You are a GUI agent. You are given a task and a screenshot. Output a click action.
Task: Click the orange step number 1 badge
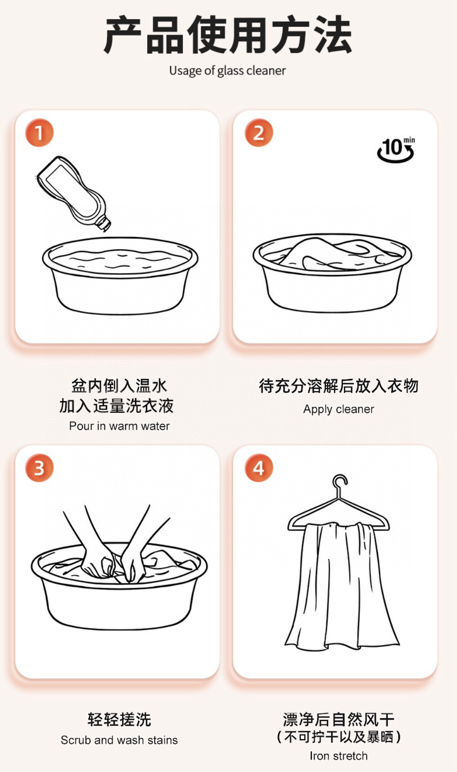click(x=39, y=133)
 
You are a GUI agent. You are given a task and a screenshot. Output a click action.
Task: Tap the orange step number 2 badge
click(x=259, y=133)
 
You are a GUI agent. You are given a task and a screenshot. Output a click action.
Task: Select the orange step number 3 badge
click(x=39, y=468)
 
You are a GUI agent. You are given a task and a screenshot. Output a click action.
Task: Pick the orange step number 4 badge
click(x=259, y=468)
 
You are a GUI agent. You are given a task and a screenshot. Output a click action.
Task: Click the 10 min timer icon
click(x=396, y=149)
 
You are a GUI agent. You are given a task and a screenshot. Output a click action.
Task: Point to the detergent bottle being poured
click(x=74, y=193)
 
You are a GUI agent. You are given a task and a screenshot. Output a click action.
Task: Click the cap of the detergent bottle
click(x=103, y=223)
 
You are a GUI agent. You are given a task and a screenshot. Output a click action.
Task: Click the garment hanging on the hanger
click(x=341, y=586)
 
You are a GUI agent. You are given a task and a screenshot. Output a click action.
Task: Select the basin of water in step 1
click(x=120, y=275)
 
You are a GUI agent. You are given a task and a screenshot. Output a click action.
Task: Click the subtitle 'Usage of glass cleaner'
click(x=227, y=71)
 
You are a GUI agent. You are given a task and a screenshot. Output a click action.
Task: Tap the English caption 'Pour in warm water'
click(x=120, y=426)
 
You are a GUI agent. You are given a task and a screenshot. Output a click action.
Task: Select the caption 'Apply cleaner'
click(x=339, y=409)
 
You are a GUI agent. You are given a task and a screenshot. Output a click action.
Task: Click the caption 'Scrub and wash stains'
click(x=120, y=740)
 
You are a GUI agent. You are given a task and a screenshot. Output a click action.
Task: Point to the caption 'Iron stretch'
click(x=339, y=756)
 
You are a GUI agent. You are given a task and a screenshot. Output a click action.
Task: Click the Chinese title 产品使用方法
click(x=228, y=35)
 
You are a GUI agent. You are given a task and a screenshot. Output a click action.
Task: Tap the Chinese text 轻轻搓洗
click(x=120, y=720)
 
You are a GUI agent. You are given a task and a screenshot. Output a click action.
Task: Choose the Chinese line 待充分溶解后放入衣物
click(x=339, y=386)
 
